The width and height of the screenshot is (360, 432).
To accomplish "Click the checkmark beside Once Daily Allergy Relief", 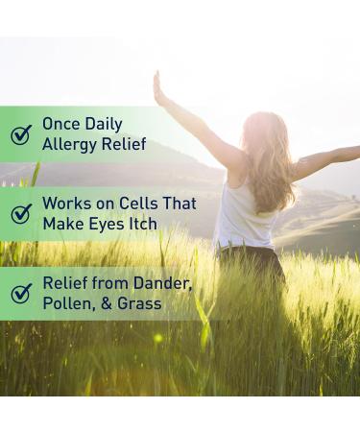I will (x=21, y=133).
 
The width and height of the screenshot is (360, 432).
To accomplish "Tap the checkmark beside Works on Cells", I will (x=21, y=213).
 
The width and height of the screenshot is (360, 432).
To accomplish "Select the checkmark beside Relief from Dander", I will (x=21, y=293).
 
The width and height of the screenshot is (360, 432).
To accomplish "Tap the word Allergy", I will (x=69, y=144).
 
